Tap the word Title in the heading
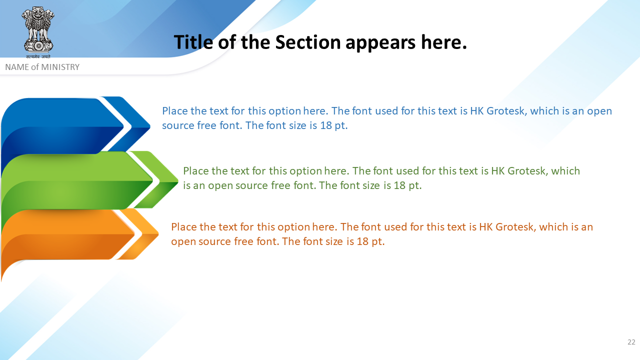pos(193,42)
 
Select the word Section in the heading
pos(307,42)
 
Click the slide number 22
pos(631,342)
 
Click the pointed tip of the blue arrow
pos(149,125)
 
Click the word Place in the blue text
pos(175,111)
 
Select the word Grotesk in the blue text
pos(505,111)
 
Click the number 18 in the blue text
pos(325,125)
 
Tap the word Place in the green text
pos(196,171)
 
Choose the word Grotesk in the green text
pos(526,171)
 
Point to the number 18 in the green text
pos(399,185)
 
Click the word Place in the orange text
pos(184,227)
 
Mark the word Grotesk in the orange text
pos(514,227)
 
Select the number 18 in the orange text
pos(362,241)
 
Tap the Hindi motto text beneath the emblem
pos(38,56)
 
